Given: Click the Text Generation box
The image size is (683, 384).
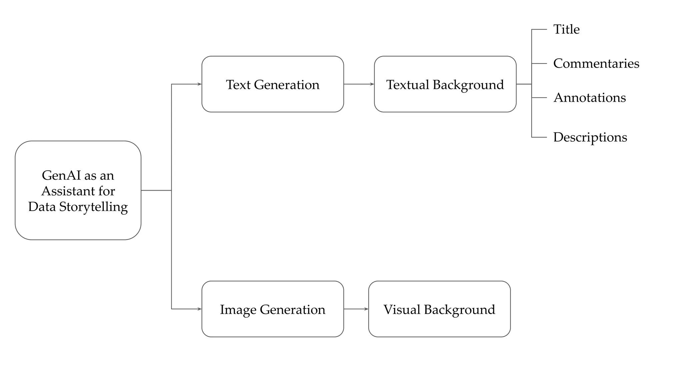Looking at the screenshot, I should coord(272,84).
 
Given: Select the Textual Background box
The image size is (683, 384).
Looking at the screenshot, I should coord(445,84).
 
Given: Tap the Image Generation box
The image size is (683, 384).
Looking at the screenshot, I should coord(272,309).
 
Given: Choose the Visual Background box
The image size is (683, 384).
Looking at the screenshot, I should coord(439,309).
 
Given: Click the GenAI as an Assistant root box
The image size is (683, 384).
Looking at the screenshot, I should coord(78,190).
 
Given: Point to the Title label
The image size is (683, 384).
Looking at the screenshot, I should coord(566,29).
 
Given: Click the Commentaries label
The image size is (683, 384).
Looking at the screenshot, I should coord(596,63).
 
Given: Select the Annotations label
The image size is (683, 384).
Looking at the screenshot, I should coord(589,98).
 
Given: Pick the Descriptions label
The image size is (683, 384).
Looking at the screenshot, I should coord(590,137).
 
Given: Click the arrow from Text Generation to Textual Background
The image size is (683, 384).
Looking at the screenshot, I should coord(359,84).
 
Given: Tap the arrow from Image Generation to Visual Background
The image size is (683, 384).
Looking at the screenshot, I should coord(356,309).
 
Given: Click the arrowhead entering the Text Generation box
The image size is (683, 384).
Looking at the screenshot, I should coord(199,84).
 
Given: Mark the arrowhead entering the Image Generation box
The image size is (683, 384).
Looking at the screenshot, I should coord(199,309).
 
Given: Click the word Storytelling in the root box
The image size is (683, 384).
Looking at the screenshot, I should coord(93,207).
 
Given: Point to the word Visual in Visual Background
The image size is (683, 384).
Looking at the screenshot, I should coord(402,309).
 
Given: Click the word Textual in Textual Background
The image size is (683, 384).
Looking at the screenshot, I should coord(408,85).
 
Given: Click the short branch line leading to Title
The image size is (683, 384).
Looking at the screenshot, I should coord(539,29).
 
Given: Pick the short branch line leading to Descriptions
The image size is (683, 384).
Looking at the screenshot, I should coord(539,137).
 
